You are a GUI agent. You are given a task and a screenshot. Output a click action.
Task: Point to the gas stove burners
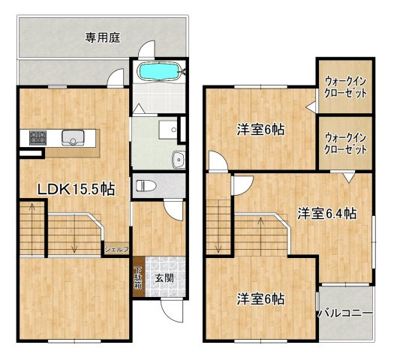38,136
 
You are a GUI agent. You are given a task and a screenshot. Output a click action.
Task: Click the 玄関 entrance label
164,277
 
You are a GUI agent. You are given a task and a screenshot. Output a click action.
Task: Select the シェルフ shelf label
117,248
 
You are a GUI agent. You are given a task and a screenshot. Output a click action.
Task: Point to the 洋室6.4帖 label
326,213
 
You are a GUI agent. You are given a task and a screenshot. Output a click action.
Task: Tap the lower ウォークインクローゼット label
346,142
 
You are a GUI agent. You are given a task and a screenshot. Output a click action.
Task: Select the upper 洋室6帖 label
260,130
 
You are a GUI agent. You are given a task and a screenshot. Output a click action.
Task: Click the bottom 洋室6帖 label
260,298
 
